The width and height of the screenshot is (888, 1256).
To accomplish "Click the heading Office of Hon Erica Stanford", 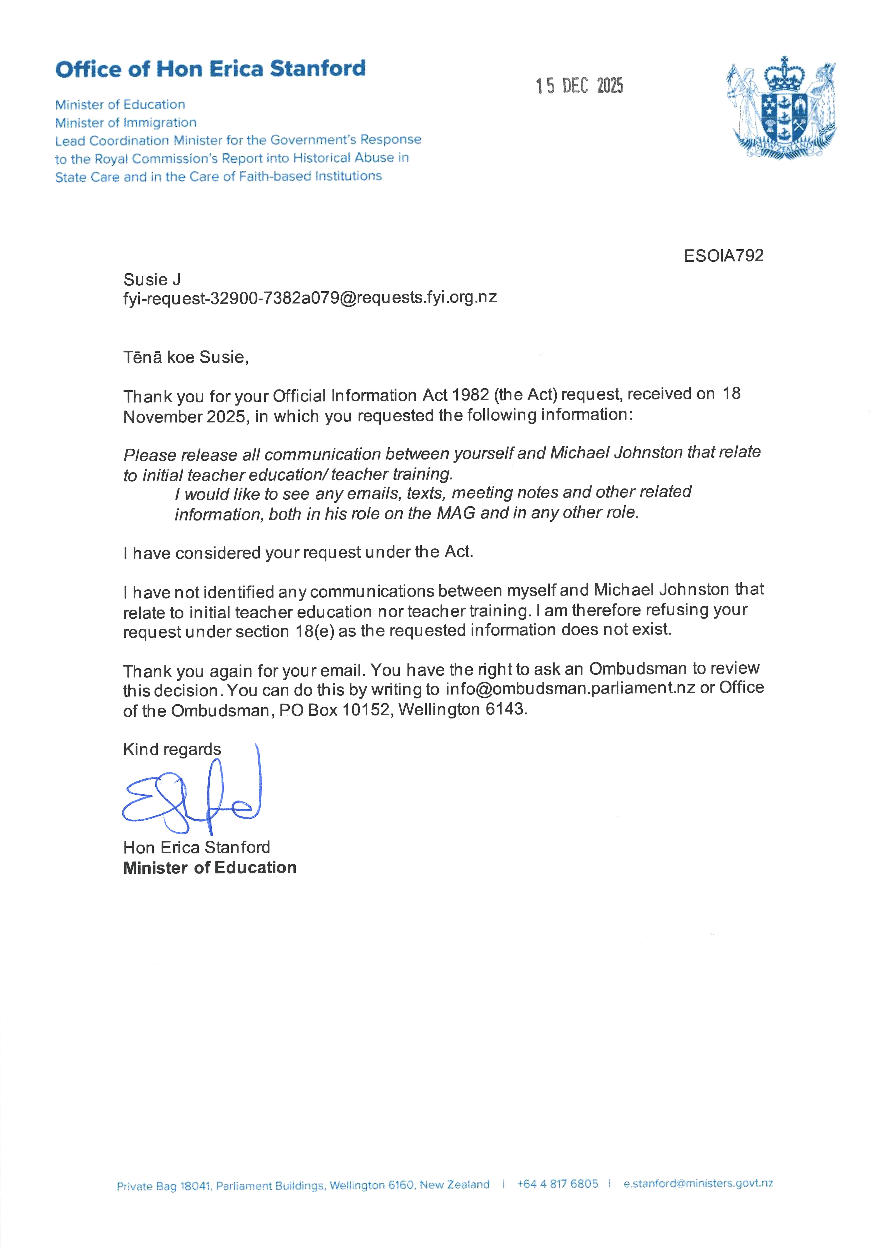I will pos(210,69).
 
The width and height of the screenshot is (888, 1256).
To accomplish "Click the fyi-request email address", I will pos(310,298).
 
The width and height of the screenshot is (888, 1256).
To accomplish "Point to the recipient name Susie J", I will pos(152,279).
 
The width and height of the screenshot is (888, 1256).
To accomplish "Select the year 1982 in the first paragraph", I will pos(470,395).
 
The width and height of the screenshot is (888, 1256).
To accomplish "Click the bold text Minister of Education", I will pos(209,868).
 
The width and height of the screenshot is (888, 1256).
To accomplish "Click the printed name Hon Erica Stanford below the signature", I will pos(196,847).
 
